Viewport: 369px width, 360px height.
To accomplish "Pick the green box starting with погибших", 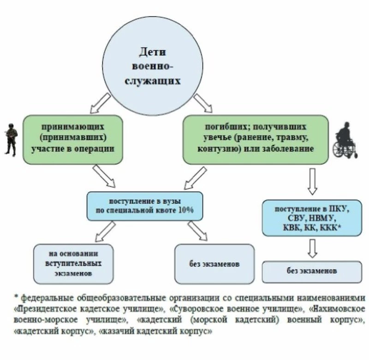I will click(256, 138).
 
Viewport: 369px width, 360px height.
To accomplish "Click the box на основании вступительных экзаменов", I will click(74, 264).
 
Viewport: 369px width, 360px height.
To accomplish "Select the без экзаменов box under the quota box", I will click(214, 264).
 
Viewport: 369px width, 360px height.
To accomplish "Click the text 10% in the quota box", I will click(184, 210).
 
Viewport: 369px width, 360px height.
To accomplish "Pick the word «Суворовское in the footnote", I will click(192, 308).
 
